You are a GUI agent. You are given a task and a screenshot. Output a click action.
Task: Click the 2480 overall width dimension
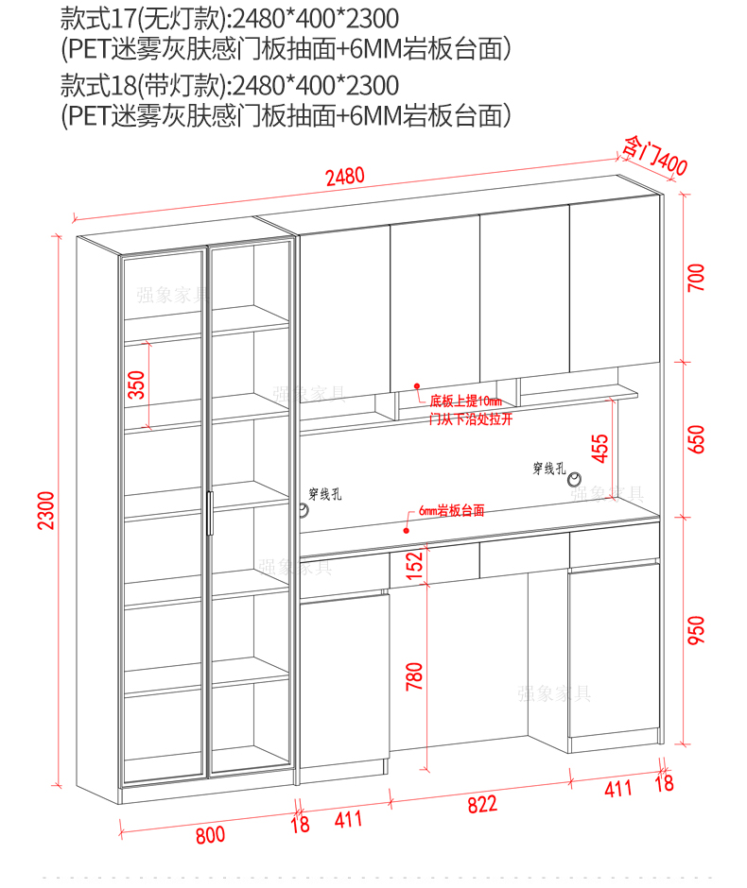tap(344, 177)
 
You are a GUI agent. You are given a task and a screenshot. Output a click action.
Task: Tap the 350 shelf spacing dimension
tap(137, 385)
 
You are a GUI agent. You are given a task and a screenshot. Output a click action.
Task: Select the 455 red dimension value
tap(600, 448)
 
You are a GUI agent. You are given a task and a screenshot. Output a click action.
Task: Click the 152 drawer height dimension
tap(413, 564)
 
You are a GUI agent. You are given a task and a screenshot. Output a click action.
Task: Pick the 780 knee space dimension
tap(413, 676)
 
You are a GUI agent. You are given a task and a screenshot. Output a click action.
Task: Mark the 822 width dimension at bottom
tap(481, 804)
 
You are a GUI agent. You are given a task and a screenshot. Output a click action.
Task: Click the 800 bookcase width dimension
tap(210, 834)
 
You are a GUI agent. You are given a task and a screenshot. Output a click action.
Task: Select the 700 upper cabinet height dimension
tap(696, 278)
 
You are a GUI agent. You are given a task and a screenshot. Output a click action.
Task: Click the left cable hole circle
tap(304, 511)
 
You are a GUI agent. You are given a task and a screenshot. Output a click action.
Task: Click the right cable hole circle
tap(574, 484)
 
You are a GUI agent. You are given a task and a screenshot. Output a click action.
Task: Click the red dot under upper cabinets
tap(415, 385)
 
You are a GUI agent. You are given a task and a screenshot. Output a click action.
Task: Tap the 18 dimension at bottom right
tap(664, 781)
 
